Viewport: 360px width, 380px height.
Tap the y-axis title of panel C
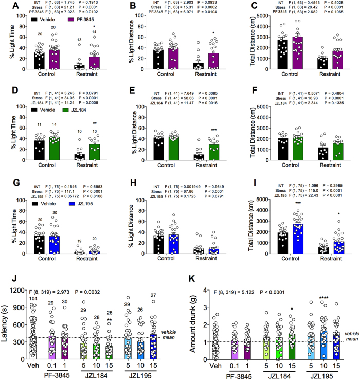(x=247, y=42)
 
